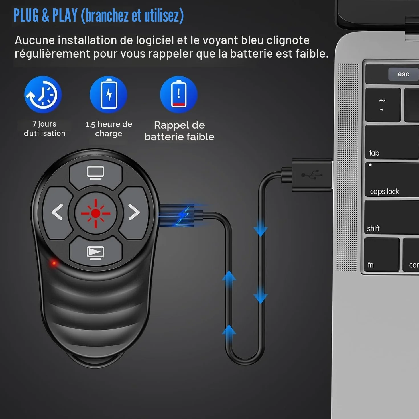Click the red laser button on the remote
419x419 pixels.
click(x=95, y=213)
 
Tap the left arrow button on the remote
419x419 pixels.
click(x=58, y=212)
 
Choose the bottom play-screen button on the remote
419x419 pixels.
click(x=96, y=251)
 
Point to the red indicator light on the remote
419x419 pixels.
click(x=54, y=263)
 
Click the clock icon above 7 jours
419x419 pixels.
click(x=43, y=95)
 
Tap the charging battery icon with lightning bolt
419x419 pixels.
click(x=109, y=95)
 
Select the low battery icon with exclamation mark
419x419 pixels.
click(x=179, y=95)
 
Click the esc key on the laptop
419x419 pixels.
click(x=403, y=74)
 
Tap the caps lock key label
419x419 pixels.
click(x=385, y=192)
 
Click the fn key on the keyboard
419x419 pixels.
click(x=382, y=255)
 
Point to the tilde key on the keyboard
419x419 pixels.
click(x=383, y=105)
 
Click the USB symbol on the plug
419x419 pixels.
click(x=312, y=175)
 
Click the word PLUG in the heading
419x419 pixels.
click(x=26, y=15)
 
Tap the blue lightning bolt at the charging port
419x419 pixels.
click(x=183, y=215)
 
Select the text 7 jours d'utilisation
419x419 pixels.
click(x=44, y=129)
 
